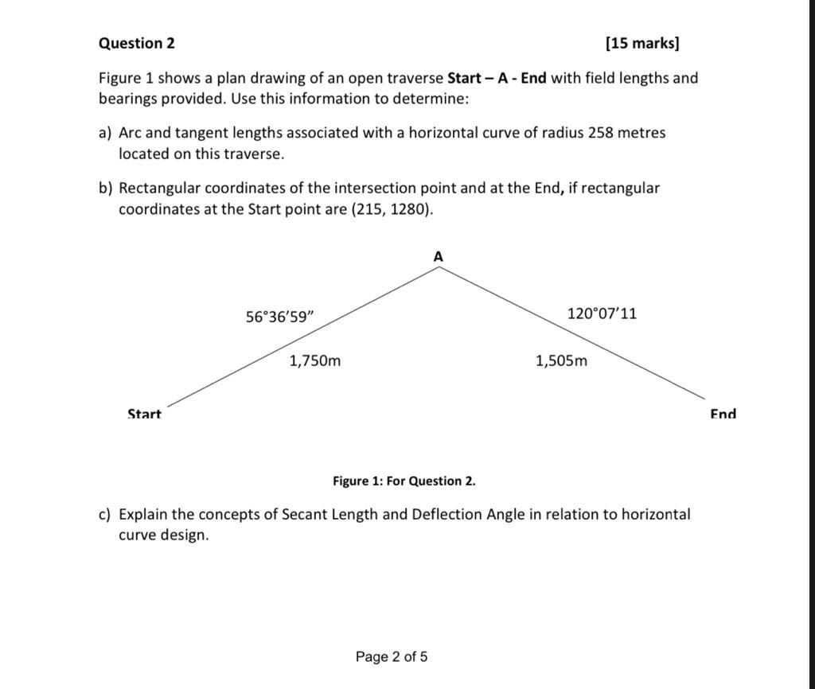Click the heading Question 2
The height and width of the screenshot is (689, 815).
(136, 43)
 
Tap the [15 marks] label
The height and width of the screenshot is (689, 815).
(642, 43)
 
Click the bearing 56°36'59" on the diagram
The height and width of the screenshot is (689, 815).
(280, 317)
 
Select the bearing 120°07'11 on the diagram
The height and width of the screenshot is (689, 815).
(602, 313)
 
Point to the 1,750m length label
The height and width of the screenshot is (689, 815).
(315, 360)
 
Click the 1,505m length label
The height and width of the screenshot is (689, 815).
(562, 360)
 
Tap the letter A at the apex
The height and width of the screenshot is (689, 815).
(438, 256)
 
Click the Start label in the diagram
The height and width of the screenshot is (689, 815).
(144, 414)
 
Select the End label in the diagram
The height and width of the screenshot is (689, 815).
(723, 414)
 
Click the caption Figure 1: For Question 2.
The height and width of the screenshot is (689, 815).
(404, 481)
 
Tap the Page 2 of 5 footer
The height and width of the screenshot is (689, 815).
(392, 656)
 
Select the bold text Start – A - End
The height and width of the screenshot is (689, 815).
(497, 78)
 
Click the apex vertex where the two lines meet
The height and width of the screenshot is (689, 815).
(439, 267)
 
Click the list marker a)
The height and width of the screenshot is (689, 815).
(105, 133)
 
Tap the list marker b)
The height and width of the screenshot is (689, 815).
(105, 189)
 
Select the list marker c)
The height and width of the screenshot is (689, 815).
(105, 514)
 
